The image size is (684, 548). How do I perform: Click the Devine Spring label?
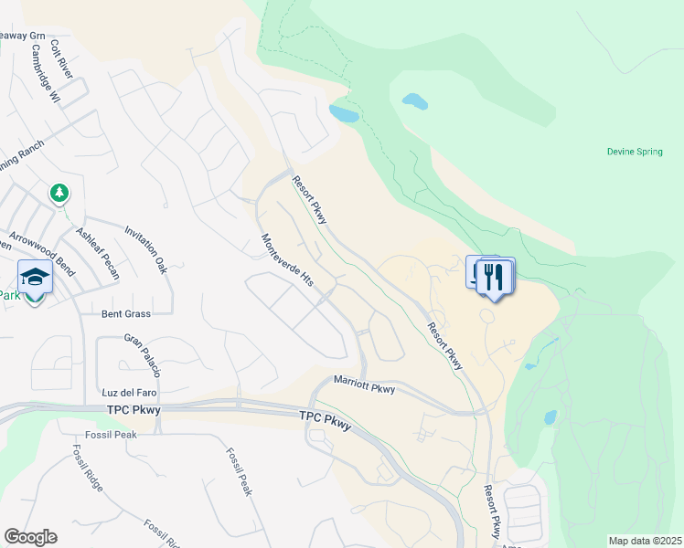point(635,152)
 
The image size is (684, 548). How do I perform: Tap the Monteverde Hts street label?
point(288,261)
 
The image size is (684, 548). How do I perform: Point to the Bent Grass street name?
point(126,313)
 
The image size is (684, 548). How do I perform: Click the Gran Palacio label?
point(143,355)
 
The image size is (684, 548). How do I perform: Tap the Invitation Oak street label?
point(146,249)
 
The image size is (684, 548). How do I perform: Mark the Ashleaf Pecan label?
point(98,253)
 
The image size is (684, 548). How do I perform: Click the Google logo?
point(30,537)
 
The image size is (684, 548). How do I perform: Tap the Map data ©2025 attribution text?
point(645,541)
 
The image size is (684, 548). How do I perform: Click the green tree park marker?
point(59,193)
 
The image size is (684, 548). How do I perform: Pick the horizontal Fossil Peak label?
point(106,435)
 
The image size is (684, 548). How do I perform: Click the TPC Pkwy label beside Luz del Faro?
point(134,410)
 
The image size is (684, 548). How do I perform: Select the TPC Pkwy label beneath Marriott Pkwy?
point(325,420)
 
